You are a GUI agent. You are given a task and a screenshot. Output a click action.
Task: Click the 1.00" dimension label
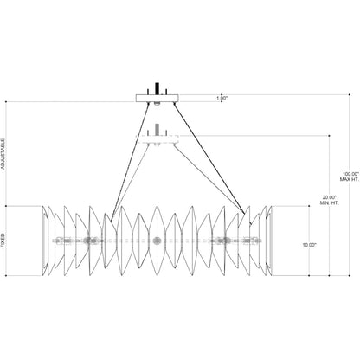[x=222, y=98]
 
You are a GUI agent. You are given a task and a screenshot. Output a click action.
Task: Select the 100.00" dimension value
[x=350, y=174]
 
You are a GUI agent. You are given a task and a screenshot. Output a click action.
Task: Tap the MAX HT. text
[x=350, y=179]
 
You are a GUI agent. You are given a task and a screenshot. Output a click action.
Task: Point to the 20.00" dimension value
[x=330, y=197]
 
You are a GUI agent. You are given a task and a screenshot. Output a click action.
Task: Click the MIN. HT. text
[x=330, y=203]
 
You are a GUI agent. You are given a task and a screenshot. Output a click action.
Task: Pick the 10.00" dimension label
[x=310, y=245]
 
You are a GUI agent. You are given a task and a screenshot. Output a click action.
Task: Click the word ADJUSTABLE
[x=3, y=154]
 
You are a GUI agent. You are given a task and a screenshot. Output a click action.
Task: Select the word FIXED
[x=3, y=240]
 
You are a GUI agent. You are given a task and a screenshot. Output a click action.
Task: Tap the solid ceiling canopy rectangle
[x=157, y=98]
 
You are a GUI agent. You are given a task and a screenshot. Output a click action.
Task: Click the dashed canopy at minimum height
[x=157, y=138]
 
